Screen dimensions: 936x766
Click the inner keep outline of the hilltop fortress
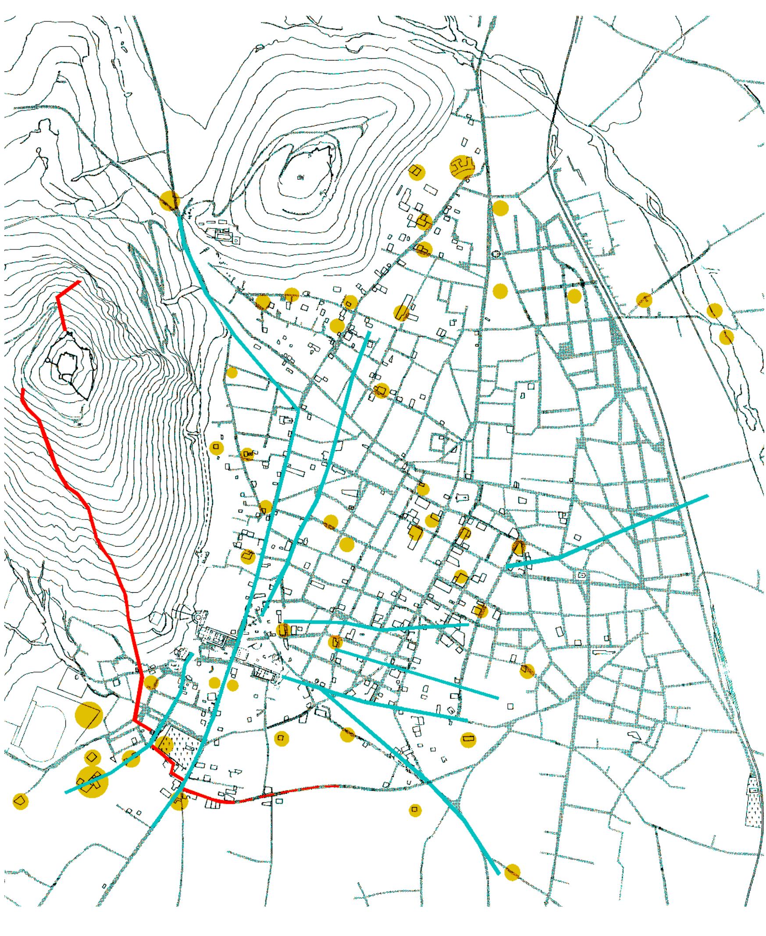(x=66, y=365)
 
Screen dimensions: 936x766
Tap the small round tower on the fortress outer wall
(x=48, y=360)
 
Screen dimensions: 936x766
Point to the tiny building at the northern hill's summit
(x=301, y=178)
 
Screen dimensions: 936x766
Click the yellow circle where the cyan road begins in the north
(x=170, y=201)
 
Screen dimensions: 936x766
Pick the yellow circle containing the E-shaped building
(x=462, y=167)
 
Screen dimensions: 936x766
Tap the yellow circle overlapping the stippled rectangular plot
(x=164, y=744)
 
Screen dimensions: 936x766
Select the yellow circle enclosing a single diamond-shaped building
(x=92, y=758)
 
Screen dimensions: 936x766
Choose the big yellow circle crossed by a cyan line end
(x=92, y=782)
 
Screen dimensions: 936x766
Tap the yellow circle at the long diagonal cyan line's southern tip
(x=512, y=872)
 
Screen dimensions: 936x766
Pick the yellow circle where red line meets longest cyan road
(x=179, y=800)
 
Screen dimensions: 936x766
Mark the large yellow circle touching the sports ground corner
(x=89, y=715)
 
